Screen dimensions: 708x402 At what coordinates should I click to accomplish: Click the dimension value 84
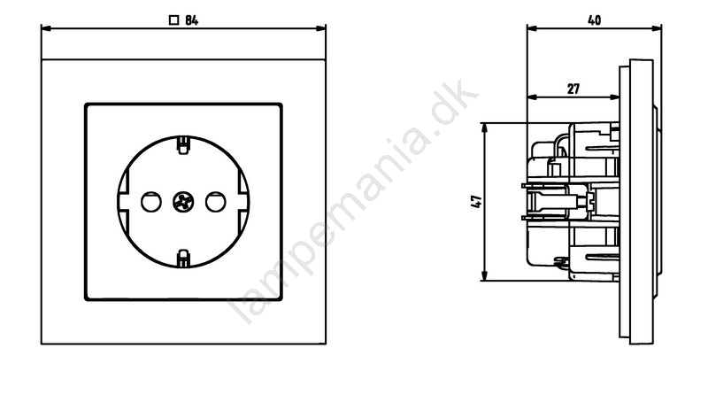(x=192, y=20)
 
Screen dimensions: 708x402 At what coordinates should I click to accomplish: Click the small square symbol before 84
(x=173, y=20)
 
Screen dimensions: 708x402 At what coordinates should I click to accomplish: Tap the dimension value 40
(x=594, y=20)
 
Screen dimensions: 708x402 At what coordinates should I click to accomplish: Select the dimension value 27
(x=573, y=89)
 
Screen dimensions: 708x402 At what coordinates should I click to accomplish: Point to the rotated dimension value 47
(x=476, y=202)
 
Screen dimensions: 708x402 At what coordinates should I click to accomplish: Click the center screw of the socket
(x=183, y=202)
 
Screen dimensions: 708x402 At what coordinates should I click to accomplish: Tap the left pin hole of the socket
(x=150, y=202)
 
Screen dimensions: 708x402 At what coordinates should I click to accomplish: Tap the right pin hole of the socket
(x=215, y=202)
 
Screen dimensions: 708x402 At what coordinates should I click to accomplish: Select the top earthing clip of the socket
(x=183, y=145)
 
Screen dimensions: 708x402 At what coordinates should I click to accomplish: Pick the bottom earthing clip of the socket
(x=183, y=258)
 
